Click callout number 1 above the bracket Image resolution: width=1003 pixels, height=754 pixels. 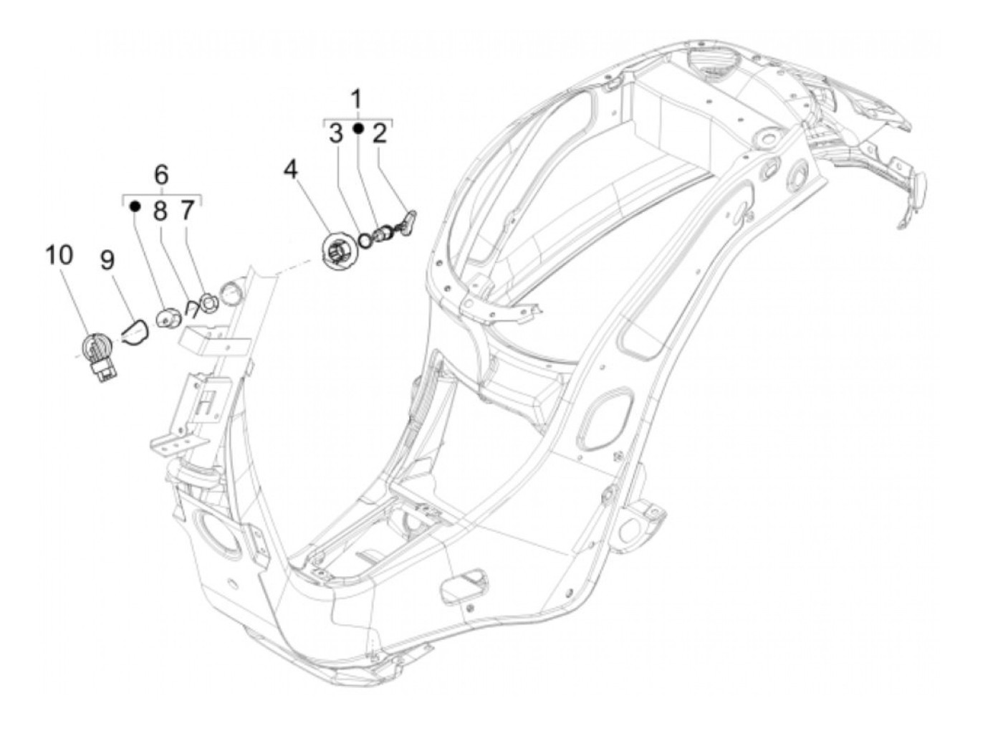click(356, 99)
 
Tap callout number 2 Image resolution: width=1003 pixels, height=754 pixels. click(380, 133)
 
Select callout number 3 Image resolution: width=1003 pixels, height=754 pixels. click(336, 133)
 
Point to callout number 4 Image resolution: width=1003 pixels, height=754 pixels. click(290, 169)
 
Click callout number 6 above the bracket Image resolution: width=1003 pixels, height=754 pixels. click(161, 174)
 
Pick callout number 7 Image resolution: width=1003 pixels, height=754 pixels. click(186, 210)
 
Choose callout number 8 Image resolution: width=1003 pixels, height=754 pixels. click(159, 210)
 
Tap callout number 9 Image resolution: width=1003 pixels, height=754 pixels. click(107, 259)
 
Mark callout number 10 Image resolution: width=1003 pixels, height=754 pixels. click(59, 254)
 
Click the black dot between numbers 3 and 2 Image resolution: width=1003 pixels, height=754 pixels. click(358, 129)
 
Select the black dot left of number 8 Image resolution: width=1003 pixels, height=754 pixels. click(134, 206)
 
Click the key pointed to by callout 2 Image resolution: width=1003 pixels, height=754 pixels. click(406, 221)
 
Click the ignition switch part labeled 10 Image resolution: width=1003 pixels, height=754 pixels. click(99, 355)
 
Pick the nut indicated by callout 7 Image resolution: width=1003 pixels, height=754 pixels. click(208, 305)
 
